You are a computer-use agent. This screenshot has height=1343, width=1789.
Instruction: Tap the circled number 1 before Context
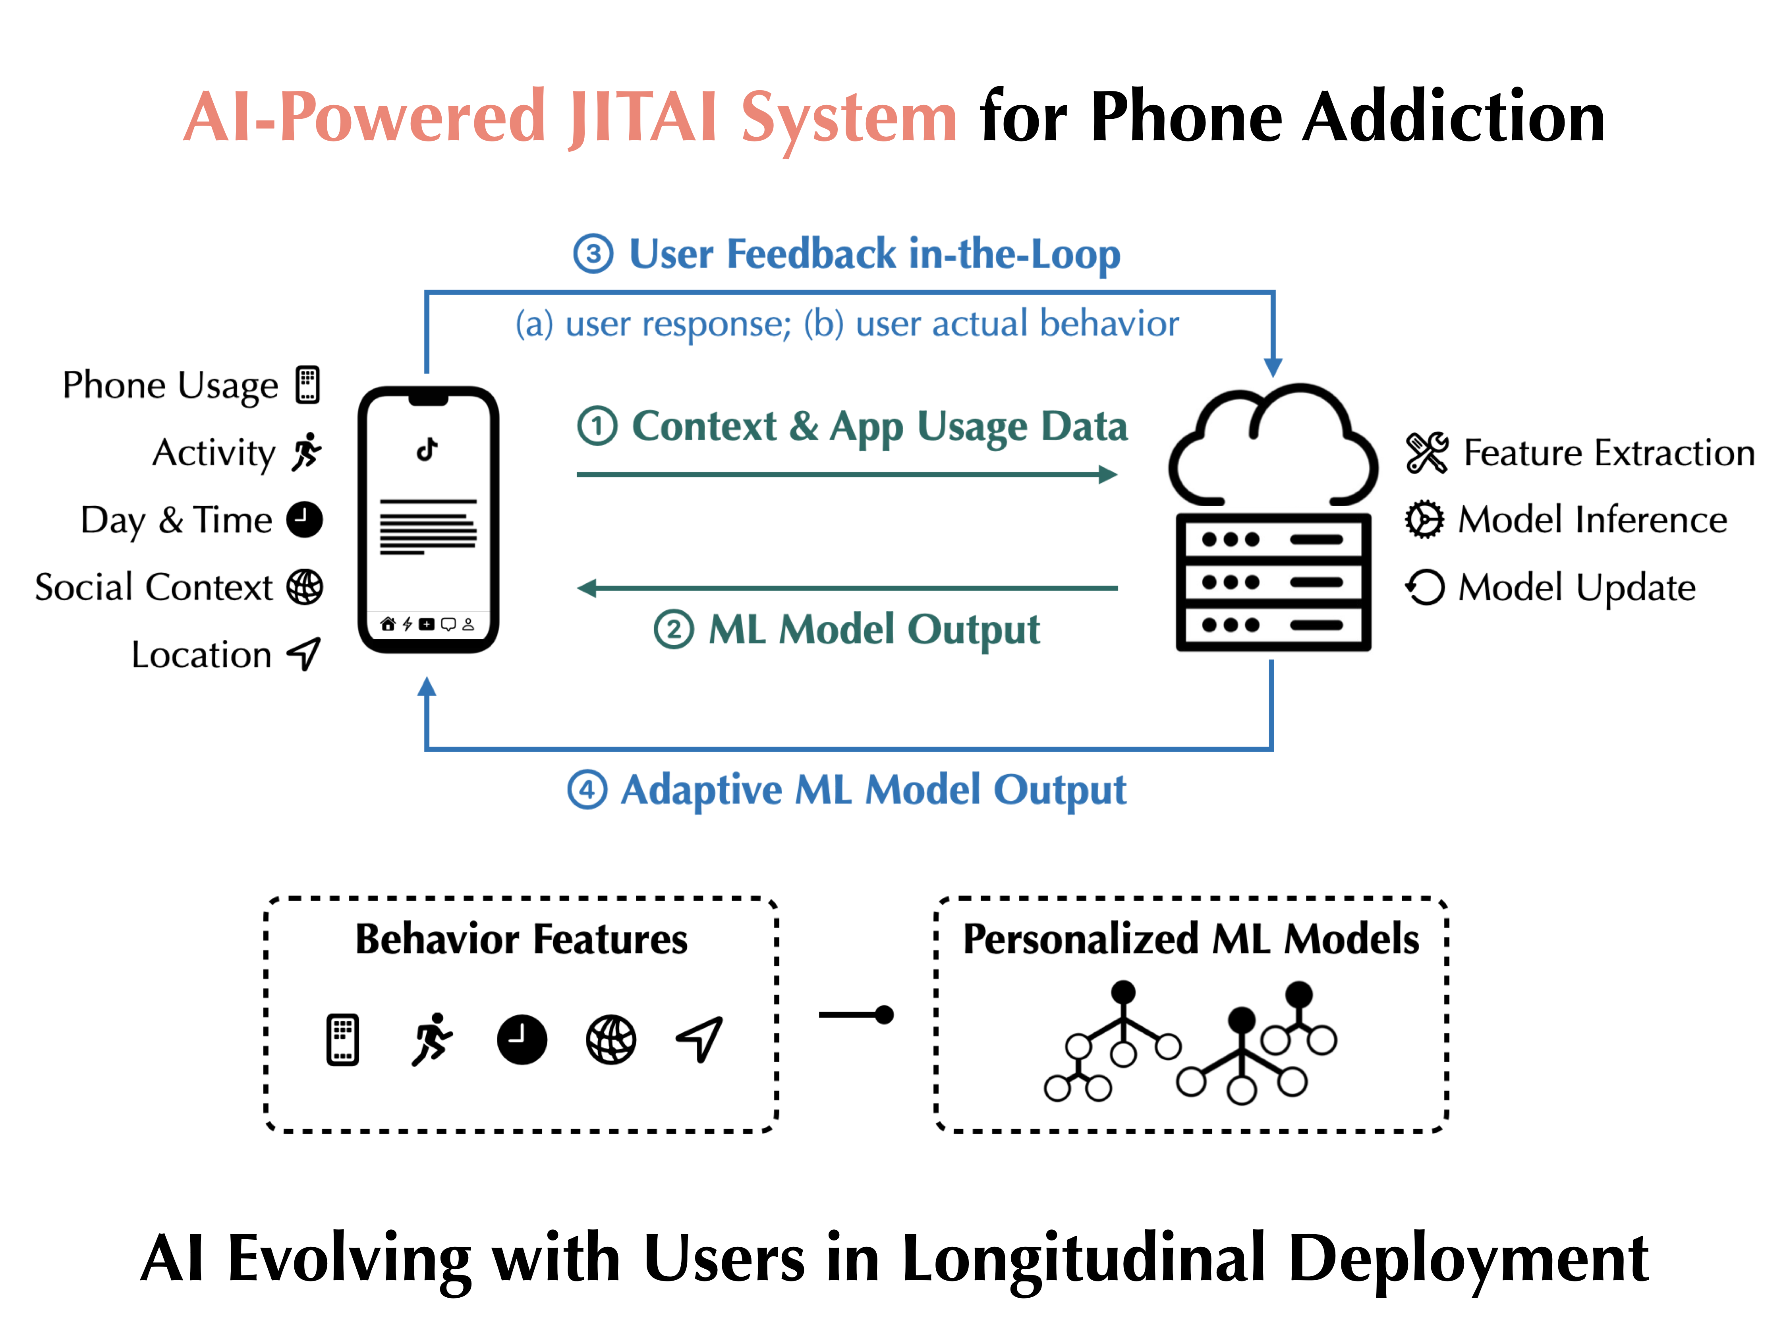[x=597, y=426]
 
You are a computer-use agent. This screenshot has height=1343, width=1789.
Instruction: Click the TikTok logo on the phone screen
[x=427, y=449]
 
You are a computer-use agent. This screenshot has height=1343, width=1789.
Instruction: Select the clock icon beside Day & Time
[x=305, y=519]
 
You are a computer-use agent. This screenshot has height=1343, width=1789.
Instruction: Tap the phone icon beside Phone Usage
[x=307, y=385]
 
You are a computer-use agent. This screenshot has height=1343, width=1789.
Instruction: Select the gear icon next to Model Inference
[x=1424, y=519]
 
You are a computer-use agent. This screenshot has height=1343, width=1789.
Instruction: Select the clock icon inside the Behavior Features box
[x=522, y=1039]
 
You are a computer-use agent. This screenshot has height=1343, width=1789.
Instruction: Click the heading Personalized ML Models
[x=1190, y=939]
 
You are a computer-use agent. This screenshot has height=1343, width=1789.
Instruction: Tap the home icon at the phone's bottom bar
[x=387, y=624]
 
